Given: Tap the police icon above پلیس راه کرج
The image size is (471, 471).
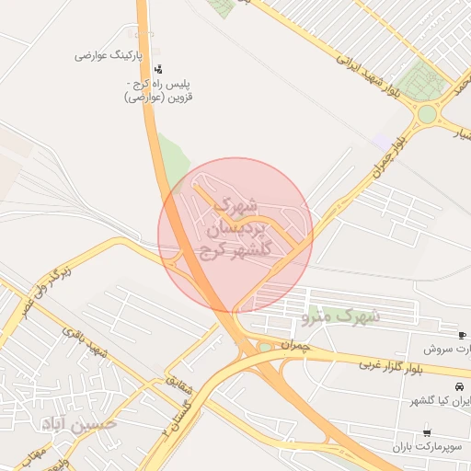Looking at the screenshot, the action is (x=159, y=68).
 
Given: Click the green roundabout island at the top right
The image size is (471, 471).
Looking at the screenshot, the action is (x=427, y=115).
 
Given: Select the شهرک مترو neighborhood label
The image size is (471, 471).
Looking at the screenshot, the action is (x=341, y=316).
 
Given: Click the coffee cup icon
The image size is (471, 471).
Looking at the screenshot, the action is (x=461, y=334).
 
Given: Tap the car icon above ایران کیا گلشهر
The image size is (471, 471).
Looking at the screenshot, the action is (x=459, y=385).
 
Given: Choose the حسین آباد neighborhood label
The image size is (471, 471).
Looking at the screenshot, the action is (x=78, y=423).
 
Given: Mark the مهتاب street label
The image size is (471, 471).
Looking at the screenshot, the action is (x=34, y=450).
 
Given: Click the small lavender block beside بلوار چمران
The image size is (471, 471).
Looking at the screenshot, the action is (x=381, y=141).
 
